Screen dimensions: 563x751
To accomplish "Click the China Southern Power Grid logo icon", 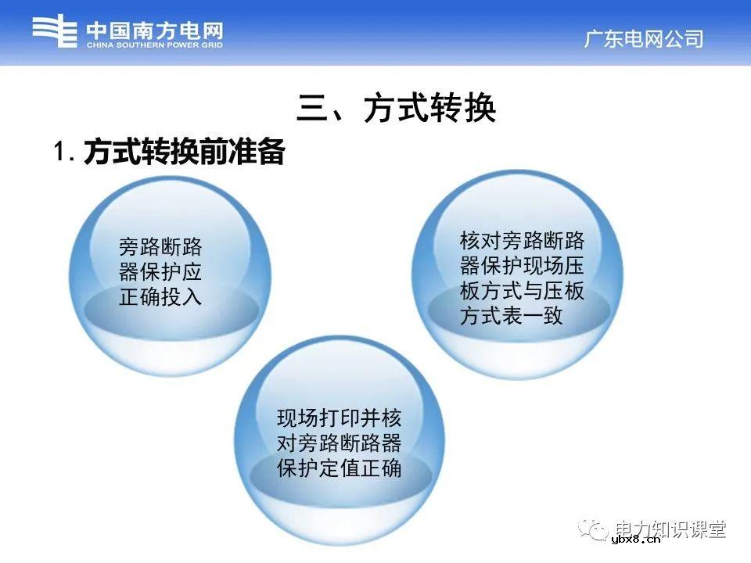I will pos(54,32).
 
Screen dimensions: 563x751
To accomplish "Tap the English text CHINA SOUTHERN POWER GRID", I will pos(154,45).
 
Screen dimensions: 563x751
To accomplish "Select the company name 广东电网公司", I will pos(644,39).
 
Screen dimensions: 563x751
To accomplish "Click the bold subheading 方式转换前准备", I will pos(184,152).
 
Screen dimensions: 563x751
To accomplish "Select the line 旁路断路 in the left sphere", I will pos(160,248).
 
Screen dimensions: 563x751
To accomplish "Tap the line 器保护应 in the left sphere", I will pos(160,272).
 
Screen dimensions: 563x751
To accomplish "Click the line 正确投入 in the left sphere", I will pos(160,296).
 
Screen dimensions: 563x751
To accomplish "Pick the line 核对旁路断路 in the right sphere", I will pos(522,240).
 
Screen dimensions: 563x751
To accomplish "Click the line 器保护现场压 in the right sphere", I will pos(522,265).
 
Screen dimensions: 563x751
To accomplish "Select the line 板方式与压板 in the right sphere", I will pos(522,291).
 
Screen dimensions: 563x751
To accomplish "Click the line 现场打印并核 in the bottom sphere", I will pos(339,418).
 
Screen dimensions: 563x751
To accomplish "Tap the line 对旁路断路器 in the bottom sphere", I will pos(339,443).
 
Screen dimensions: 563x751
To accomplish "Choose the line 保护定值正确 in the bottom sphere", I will pos(339,468).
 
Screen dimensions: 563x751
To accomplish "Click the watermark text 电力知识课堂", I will pos(670,529).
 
